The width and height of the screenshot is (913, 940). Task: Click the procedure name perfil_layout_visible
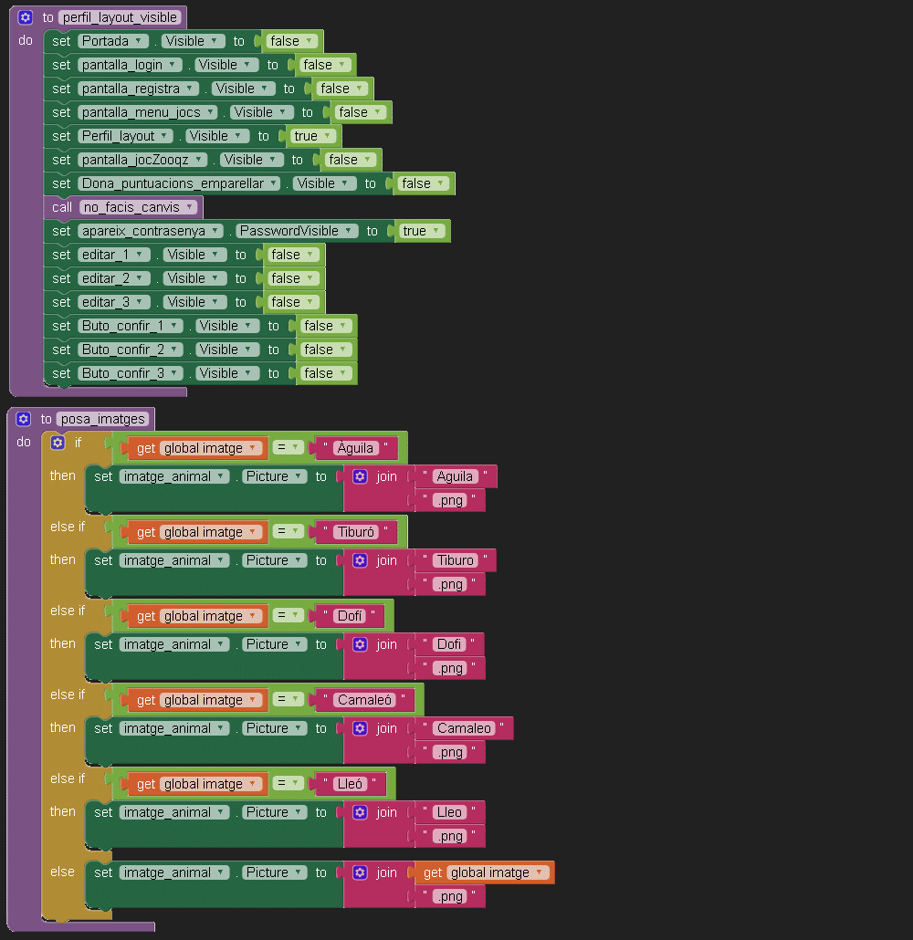tap(121, 17)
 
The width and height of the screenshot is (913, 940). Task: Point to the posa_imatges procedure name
tap(104, 419)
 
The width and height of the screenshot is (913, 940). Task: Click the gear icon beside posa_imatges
tap(24, 419)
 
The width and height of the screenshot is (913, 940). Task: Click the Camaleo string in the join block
tap(465, 728)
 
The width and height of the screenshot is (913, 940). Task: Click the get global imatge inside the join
tap(484, 872)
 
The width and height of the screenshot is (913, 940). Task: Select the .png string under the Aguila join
tap(449, 500)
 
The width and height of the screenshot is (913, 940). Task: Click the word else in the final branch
tap(62, 872)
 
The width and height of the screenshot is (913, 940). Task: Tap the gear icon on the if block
tap(58, 442)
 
